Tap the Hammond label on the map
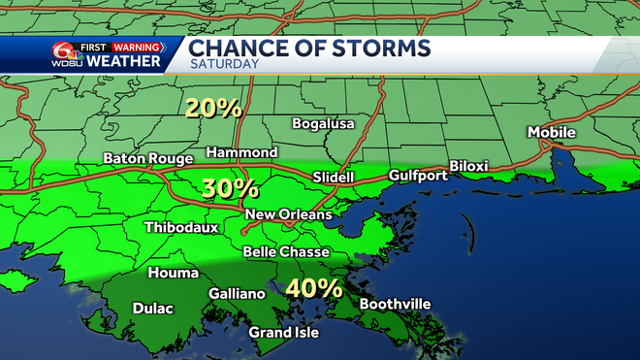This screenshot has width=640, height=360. [x=241, y=152]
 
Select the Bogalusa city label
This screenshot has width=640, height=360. [x=324, y=124]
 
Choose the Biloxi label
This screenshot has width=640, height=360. [x=471, y=165]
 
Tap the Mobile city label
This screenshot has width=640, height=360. [x=551, y=132]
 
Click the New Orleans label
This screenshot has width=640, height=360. [x=289, y=213]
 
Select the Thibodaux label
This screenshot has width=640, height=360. [x=181, y=228]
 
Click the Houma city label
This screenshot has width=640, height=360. [x=173, y=274]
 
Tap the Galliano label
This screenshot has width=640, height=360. [x=237, y=294]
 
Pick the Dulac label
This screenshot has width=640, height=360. [x=152, y=310]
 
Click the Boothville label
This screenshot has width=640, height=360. [x=395, y=304]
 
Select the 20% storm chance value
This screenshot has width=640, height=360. [x=215, y=109]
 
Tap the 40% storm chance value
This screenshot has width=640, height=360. [x=314, y=288]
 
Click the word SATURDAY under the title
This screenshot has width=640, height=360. [x=224, y=64]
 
